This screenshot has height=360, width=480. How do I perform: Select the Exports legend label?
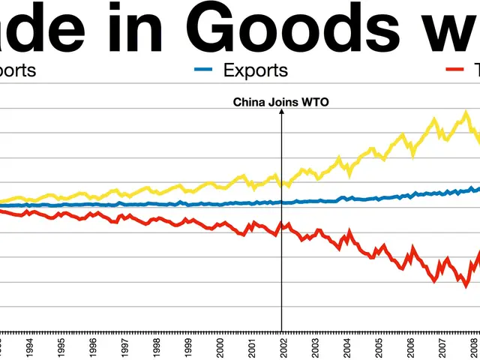[256, 70]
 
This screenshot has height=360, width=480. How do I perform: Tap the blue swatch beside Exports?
[204, 71]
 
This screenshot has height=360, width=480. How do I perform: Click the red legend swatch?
[455, 71]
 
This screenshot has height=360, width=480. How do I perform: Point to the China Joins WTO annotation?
[280, 102]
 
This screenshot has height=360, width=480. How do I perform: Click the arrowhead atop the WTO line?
[281, 112]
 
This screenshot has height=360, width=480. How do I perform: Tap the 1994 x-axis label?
[29, 347]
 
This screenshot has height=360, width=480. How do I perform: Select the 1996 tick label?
[92, 347]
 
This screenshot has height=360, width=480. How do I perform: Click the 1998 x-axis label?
[156, 347]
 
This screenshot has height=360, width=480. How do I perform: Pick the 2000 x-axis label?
[220, 347]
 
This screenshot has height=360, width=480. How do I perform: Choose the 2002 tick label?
[283, 347]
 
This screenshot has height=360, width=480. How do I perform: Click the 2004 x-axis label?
[346, 347]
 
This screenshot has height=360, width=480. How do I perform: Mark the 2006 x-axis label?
[410, 347]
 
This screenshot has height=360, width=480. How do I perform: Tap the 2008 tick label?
[473, 347]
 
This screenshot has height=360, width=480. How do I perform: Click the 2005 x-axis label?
[378, 347]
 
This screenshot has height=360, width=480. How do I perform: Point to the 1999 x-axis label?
[187, 347]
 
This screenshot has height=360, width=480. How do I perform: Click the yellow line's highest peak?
[466, 113]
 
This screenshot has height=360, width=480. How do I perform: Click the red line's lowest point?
[466, 286]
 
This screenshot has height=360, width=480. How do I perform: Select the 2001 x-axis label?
[251, 347]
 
